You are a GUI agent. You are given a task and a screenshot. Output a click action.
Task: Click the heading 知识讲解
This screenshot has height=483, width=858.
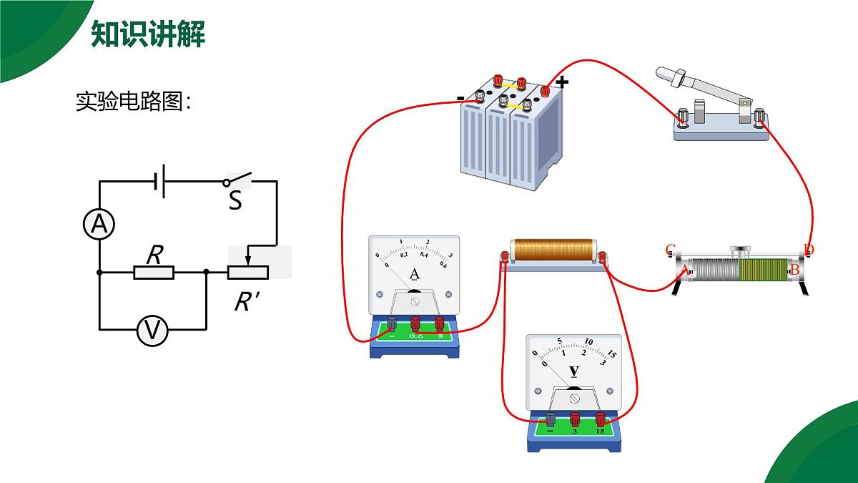pos(148,34)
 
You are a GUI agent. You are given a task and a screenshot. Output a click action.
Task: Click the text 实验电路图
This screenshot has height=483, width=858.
pos(133,102)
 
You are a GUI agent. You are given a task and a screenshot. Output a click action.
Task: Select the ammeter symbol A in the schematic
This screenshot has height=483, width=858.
pos(99,225)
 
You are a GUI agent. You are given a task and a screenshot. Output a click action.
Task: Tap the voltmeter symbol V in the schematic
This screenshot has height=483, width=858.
pos(152,331)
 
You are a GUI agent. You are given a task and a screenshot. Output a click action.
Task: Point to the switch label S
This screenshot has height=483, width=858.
pos(235,201)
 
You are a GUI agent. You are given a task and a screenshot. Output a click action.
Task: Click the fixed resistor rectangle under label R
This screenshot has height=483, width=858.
pos(154,272)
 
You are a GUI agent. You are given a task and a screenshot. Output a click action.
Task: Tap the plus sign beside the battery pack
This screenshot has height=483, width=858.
pos(562,82)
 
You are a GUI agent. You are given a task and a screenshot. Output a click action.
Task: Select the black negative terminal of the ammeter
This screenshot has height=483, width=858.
pos(392,323)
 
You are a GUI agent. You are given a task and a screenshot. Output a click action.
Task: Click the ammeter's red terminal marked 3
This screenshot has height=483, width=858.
pos(439,323)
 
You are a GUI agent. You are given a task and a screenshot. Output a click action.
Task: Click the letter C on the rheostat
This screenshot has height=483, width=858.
pos(670,250)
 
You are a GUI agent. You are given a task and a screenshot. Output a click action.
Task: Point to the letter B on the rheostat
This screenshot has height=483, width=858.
pos(794,270)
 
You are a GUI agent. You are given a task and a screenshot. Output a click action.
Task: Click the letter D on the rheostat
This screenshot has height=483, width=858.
pos(809,250)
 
